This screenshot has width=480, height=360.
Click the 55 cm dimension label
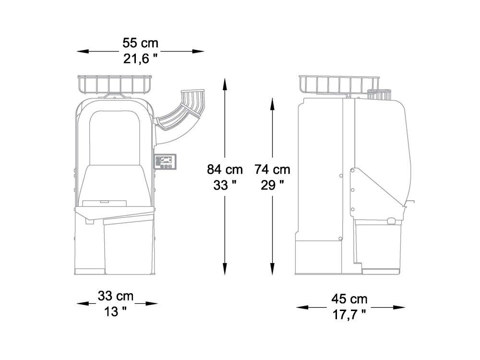[141, 43]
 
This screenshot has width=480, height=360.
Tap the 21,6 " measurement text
[141, 59]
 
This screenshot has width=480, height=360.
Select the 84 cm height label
[225, 169]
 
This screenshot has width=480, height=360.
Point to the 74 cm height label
[273, 169]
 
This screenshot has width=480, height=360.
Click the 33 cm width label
[116, 296]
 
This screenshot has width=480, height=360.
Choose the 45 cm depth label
[349, 299]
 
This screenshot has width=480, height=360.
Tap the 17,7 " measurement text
[349, 315]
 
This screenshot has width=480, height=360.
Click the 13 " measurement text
[116, 312]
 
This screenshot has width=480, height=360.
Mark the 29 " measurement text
[273, 185]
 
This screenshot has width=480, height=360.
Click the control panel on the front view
[165, 161]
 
